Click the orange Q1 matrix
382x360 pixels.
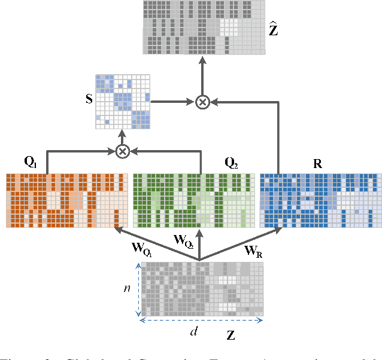click(67, 200)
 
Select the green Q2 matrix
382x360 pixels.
click(193, 200)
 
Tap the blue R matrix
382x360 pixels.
click(320, 200)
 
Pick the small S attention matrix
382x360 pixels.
click(123, 101)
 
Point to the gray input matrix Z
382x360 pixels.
click(202, 289)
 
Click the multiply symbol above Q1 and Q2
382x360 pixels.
click(123, 151)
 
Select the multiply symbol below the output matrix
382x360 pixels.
click(203, 103)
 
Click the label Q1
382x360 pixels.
click(30, 161)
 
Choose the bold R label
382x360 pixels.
click(317, 163)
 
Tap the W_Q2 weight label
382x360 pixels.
click(183, 241)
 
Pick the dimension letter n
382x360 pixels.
click(126, 288)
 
